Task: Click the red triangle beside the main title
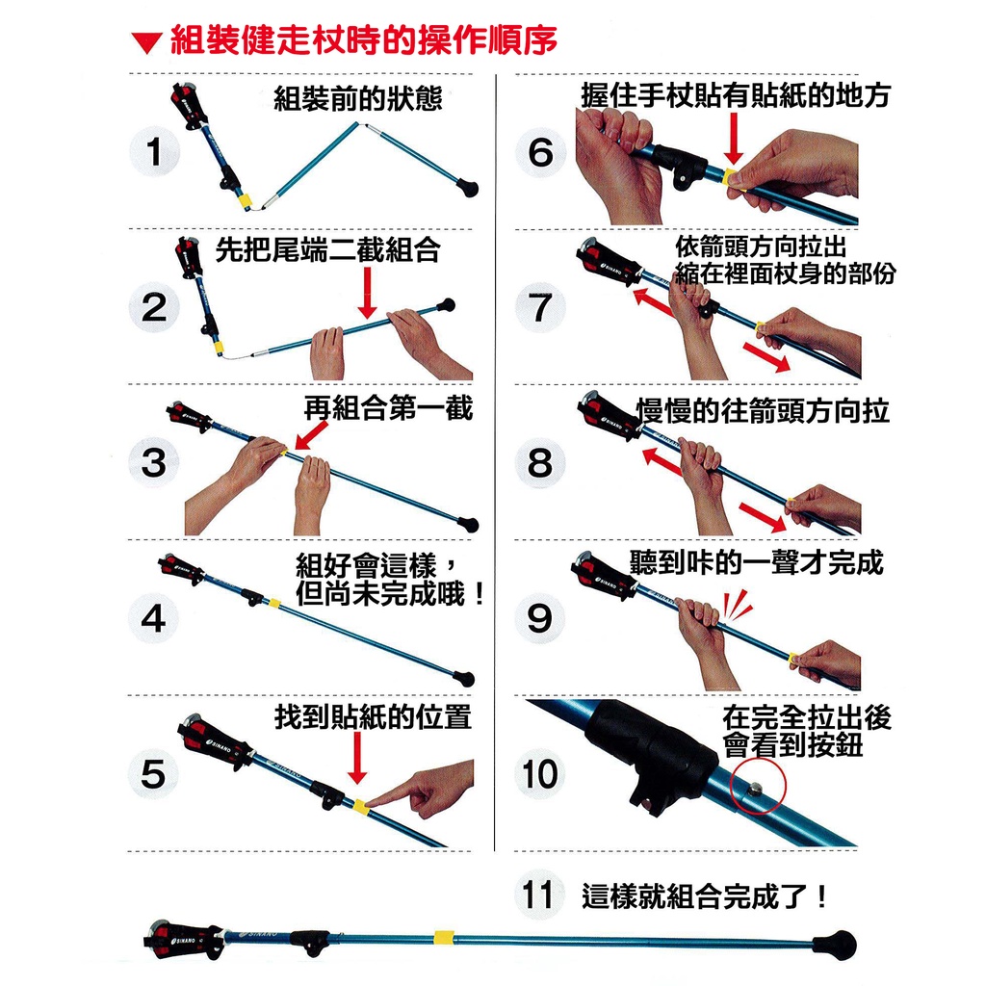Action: pos(146,43)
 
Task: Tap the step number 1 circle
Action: pos(154,151)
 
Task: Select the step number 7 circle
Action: pos(540,307)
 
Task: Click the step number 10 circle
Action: pos(540,773)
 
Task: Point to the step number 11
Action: pos(537,895)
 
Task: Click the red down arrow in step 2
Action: pos(367,293)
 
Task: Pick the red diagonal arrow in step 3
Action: pos(311,435)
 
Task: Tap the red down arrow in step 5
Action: pos(357,758)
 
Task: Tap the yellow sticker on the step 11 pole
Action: pos(443,937)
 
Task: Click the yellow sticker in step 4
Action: pos(274,604)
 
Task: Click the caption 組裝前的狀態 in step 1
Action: pos(358,99)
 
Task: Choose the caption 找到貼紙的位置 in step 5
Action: pos(373,716)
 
